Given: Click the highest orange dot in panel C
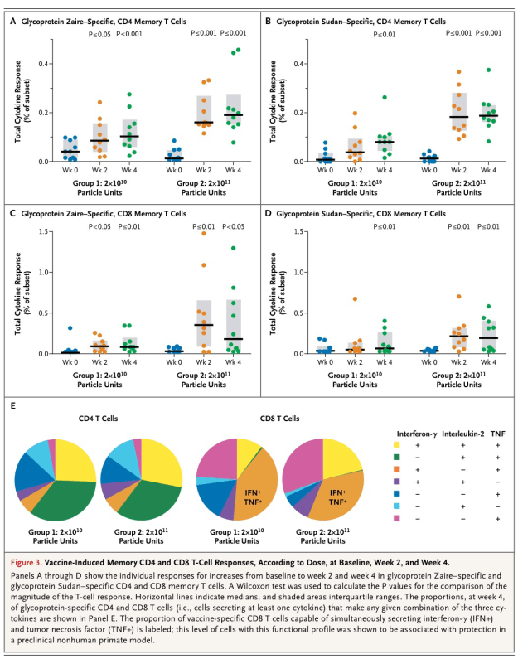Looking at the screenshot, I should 201,234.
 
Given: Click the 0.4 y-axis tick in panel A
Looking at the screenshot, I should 47,64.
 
